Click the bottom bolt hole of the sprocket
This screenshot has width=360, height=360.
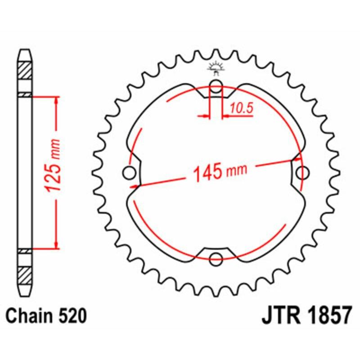pyautogui.click(x=216, y=259)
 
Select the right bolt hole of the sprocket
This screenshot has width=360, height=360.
pyautogui.click(x=304, y=172)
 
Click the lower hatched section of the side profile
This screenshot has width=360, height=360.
pyautogui.click(x=25, y=272)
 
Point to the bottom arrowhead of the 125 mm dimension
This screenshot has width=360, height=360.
pyautogui.click(x=56, y=245)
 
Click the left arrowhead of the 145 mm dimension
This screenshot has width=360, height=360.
pyautogui.click(x=133, y=184)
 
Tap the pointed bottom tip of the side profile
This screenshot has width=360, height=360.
pyautogui.click(x=25, y=293)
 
